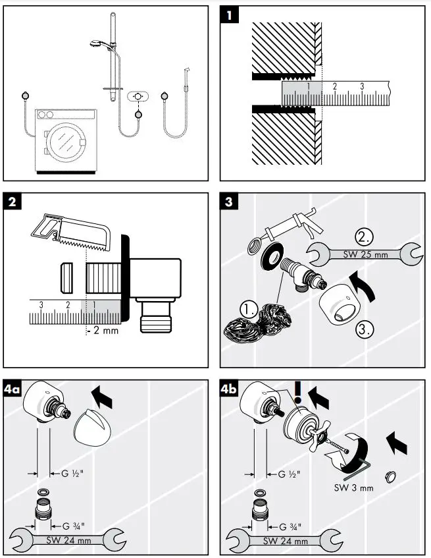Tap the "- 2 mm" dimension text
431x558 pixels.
[103, 330]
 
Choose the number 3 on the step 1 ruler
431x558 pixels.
[361, 86]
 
